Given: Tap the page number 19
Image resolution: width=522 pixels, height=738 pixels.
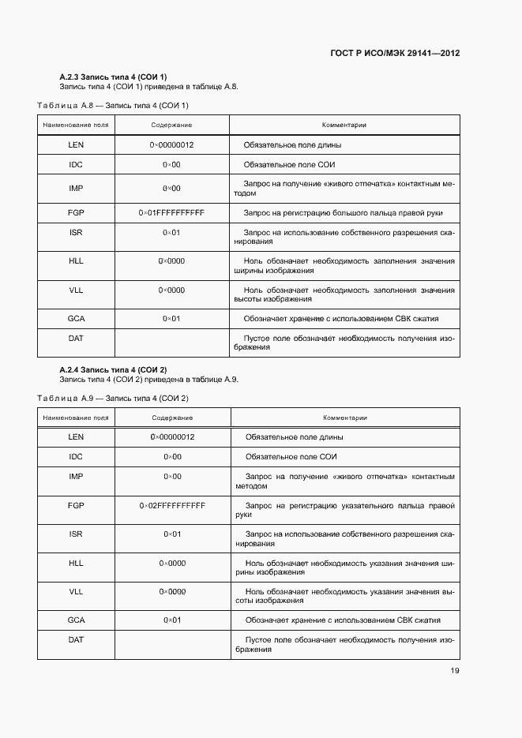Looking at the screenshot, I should (454, 671).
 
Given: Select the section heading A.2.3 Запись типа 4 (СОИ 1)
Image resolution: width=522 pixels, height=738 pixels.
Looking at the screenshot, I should (113, 77).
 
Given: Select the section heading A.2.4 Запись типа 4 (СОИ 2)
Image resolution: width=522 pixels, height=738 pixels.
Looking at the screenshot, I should (113, 369).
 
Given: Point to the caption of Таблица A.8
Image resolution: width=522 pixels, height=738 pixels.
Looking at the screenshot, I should (113, 105).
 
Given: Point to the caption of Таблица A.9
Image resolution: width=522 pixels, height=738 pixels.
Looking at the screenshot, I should (113, 398).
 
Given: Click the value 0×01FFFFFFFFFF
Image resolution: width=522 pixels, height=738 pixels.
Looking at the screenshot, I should (171, 213).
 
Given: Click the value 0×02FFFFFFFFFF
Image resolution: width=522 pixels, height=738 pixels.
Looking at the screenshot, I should (172, 505).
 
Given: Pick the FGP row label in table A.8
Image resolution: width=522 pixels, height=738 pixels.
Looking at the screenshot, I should (76, 213).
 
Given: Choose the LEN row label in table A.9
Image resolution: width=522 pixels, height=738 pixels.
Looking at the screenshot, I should (76, 436).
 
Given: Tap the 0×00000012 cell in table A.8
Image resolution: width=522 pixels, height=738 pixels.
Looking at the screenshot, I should (171, 145).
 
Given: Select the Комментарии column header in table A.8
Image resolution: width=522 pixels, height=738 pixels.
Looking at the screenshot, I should (344, 125).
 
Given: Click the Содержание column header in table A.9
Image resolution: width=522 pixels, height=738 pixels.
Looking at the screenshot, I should (172, 418).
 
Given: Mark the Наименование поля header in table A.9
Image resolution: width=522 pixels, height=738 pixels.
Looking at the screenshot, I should (76, 418).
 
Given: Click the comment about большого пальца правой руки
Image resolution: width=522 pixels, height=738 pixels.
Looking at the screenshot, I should (343, 213).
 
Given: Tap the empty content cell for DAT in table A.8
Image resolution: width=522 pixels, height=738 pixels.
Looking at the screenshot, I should (171, 343).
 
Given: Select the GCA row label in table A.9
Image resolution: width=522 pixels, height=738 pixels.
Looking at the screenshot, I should (76, 620).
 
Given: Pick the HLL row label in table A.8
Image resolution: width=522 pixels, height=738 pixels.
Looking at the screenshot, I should (76, 260).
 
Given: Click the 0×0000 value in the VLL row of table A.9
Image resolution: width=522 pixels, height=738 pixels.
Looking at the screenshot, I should (172, 591).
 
